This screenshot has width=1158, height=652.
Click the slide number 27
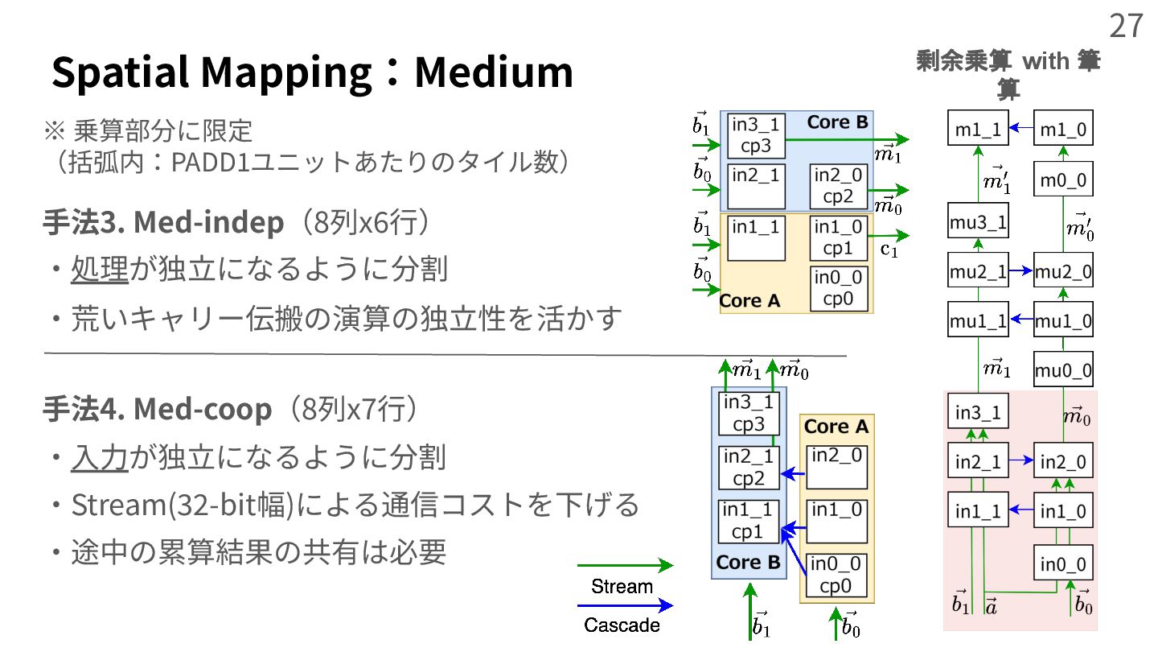pos(1126,26)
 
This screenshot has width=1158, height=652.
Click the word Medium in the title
pos(493,72)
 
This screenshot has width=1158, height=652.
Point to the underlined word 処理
pos(100,270)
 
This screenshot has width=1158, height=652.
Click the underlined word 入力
pos(100,457)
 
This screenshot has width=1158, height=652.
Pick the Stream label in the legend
pos(622,586)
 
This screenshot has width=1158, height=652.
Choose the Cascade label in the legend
pos(622,625)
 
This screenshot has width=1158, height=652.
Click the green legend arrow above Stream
pos(625,566)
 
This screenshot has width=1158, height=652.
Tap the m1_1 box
pos(978,129)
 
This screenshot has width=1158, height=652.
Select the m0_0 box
pos(1063,180)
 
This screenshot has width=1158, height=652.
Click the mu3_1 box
pos(978,222)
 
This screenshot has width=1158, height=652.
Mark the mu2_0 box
pos(1063,272)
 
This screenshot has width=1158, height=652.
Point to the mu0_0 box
pos(1063,370)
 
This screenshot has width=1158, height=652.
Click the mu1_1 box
pos(978,321)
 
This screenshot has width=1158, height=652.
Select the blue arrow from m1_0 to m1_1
pos(1020,127)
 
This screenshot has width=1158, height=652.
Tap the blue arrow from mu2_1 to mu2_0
pos(1020,271)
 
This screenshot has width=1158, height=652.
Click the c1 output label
pos(889,250)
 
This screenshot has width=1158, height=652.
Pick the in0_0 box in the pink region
pos(1063,563)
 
